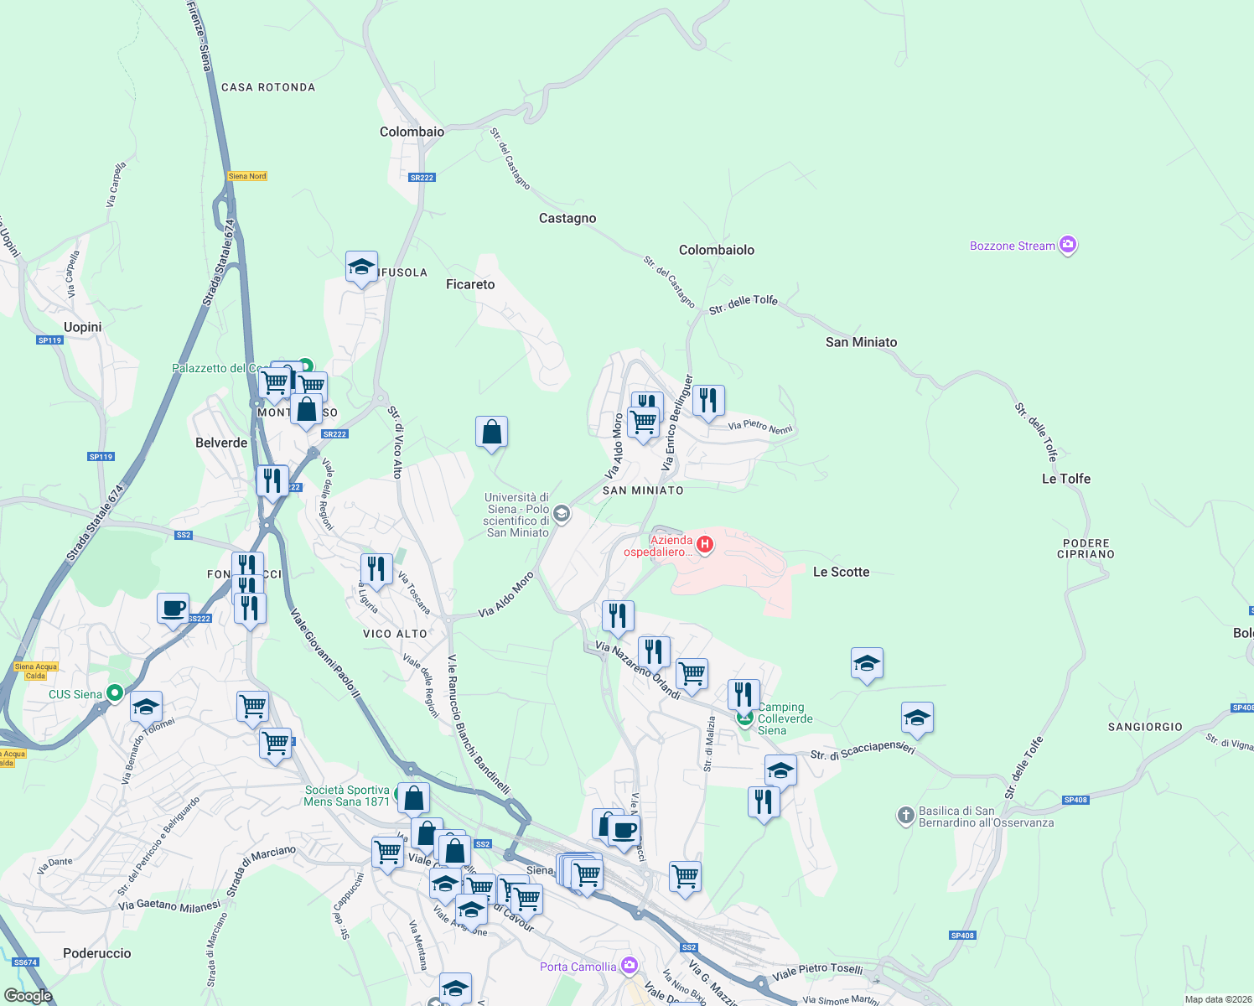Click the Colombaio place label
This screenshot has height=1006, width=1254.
412,132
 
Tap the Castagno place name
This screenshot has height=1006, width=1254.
567,218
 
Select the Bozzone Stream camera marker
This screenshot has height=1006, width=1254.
1068,245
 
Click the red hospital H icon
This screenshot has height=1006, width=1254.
705,545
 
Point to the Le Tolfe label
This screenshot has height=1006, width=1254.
1065,479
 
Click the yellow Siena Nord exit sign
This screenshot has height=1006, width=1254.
247,176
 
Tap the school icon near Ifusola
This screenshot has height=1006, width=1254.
361,267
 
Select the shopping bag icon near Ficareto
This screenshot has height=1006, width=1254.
491,433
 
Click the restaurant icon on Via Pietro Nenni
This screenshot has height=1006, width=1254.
708,402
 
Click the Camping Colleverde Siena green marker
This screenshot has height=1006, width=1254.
744,718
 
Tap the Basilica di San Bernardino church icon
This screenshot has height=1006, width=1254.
905,815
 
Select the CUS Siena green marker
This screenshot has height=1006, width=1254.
116,693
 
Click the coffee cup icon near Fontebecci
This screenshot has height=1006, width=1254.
173,609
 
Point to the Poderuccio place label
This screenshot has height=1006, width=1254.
97,953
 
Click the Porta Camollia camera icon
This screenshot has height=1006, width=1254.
630,966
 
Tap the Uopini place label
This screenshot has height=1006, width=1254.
83,327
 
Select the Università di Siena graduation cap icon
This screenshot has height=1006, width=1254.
562,513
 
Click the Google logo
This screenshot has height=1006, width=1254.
28,996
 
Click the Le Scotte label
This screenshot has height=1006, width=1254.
841,572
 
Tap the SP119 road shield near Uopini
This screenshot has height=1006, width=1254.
49,340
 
